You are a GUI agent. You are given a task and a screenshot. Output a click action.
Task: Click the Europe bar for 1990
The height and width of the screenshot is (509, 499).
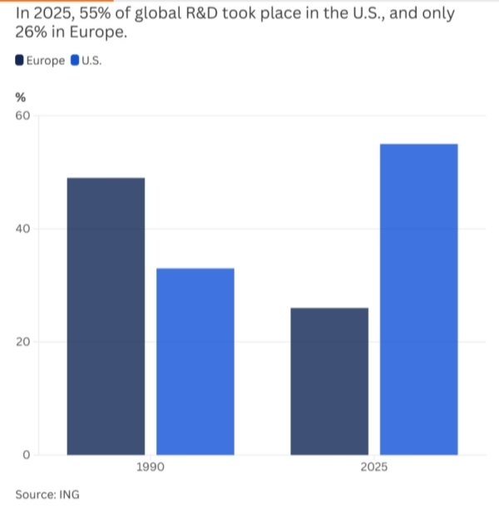pyautogui.click(x=106, y=316)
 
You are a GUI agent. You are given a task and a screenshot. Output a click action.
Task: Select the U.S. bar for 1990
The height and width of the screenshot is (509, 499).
pyautogui.click(x=195, y=361)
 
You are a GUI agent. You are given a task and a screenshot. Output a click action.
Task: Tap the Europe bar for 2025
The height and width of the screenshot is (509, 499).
pyautogui.click(x=329, y=381)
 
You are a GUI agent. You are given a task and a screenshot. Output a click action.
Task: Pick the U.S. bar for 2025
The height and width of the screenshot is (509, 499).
pyautogui.click(x=418, y=299)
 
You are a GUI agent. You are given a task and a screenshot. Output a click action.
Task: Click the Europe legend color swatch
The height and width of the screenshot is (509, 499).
pyautogui.click(x=20, y=61)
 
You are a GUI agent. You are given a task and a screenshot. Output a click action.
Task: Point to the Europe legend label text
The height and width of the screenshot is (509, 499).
pyautogui.click(x=46, y=61)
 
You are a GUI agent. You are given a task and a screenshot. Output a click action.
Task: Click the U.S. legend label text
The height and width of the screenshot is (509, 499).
pyautogui.click(x=91, y=61)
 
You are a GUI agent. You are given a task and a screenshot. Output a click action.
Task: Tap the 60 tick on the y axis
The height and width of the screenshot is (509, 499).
pyautogui.click(x=22, y=116)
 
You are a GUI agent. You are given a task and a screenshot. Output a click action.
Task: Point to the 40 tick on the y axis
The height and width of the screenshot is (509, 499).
pyautogui.click(x=22, y=229)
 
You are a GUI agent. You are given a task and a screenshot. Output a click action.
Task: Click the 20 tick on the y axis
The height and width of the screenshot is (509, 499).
pyautogui.click(x=22, y=342)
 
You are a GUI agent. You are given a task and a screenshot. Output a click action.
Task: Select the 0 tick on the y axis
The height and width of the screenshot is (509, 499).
pyautogui.click(x=26, y=455)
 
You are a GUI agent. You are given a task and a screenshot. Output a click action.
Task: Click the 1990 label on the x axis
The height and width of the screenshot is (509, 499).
pyautogui.click(x=150, y=468)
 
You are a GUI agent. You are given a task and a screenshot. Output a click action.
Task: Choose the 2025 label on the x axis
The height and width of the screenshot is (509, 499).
pyautogui.click(x=373, y=468)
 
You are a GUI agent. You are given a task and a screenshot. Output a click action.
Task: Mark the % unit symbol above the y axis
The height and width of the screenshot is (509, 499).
pyautogui.click(x=20, y=97)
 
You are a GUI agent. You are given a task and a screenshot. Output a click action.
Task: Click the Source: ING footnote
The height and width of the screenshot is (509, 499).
pyautogui.click(x=47, y=494)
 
